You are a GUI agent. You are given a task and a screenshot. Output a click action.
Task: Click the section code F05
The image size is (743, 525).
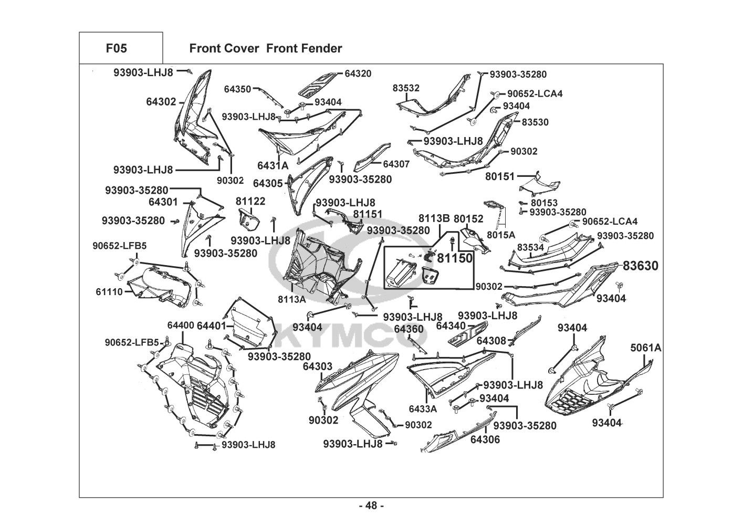coord(117,48)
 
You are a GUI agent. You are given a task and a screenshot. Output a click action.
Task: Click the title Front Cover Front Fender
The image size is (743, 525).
coord(265,48)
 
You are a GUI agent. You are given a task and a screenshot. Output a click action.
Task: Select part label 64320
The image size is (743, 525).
coord(358,73)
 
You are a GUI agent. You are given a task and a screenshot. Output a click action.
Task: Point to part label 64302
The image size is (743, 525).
coord(161,102)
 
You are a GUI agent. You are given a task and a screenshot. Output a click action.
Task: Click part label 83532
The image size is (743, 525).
coord(406,88)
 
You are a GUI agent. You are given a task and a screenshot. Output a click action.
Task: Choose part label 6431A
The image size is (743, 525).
coord(273,165)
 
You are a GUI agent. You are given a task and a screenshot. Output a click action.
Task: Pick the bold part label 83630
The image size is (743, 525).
coord(641,266)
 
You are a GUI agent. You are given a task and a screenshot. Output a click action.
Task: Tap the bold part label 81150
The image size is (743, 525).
coord(455,258)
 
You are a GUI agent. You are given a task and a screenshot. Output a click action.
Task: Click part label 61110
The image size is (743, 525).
coord(109,292)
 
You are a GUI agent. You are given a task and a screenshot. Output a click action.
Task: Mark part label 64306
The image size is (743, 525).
coord(485,439)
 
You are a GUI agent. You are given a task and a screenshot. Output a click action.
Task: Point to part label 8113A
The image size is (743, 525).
coord(292,299)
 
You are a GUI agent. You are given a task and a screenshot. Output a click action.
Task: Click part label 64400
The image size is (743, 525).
coord(181,325)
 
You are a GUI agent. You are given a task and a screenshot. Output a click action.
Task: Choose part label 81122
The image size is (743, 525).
coord(250,201)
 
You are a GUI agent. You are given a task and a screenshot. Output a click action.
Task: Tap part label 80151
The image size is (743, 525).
coord(500,176)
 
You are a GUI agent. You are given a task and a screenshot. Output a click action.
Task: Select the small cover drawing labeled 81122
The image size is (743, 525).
coord(249,220)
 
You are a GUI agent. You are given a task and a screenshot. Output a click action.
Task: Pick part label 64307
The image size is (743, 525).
coord(396,164)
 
